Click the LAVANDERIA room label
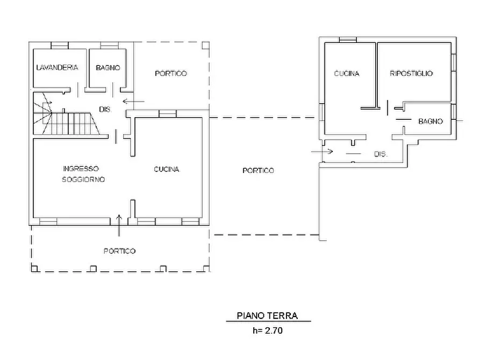[x=57, y=67]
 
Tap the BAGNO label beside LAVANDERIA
[x=108, y=68]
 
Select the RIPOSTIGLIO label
[x=411, y=73]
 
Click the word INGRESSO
[x=81, y=169]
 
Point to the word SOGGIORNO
[x=83, y=179]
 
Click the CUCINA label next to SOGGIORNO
[x=167, y=169]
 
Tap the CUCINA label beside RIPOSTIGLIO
[x=347, y=74]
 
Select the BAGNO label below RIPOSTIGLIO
[x=431, y=121]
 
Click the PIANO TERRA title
[x=267, y=315]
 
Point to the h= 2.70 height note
[x=268, y=330]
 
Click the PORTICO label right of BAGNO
[x=171, y=74]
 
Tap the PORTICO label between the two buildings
[x=258, y=170]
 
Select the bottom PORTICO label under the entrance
[x=119, y=251]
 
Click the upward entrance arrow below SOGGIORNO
[x=119, y=226]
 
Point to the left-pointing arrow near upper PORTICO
[x=133, y=102]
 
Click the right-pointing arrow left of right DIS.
[x=322, y=151]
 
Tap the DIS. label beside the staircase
[x=105, y=109]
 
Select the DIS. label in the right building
[x=381, y=154]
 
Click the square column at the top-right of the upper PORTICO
[x=206, y=45]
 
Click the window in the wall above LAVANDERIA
[x=60, y=45]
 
